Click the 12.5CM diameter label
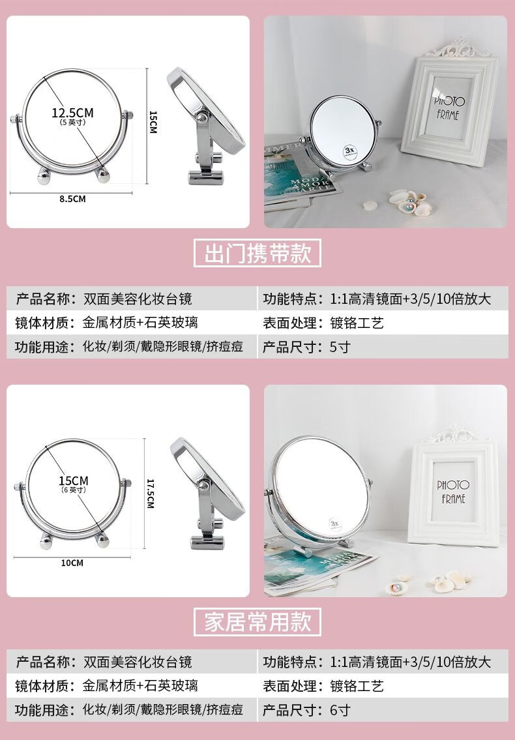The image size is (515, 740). [73, 113]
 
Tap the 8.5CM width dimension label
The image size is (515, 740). [73, 199]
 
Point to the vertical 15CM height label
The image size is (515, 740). [153, 122]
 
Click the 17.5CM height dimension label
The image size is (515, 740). [151, 493]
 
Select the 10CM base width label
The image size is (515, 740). [72, 563]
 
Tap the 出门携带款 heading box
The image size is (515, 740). [257, 253]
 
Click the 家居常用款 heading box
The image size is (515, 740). [257, 622]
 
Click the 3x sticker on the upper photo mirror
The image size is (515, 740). [350, 151]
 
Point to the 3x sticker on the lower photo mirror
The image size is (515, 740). [334, 524]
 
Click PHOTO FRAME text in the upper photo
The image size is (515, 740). [449, 108]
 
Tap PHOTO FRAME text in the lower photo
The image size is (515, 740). [453, 492]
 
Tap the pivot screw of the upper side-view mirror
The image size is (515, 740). [201, 117]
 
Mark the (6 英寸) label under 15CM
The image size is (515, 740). [73, 490]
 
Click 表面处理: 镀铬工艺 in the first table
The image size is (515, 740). [323, 323]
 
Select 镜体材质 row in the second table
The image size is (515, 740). [132, 686]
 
